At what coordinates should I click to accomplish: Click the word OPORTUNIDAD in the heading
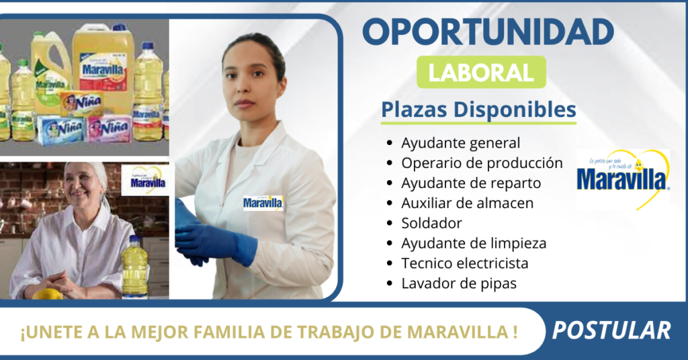488,32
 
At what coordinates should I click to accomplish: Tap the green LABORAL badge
481,72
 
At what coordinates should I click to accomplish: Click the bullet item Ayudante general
460,143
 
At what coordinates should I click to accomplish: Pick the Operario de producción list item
481,163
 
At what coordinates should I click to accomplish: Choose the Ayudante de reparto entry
470,183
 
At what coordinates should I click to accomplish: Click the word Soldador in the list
431,223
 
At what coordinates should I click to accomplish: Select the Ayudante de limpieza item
473,243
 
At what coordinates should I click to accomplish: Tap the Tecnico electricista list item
464,263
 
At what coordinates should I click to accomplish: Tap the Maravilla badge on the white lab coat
263,203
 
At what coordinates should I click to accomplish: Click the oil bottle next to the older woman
134,267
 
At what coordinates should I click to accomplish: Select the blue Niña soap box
60,128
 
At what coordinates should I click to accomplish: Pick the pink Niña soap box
110,128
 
